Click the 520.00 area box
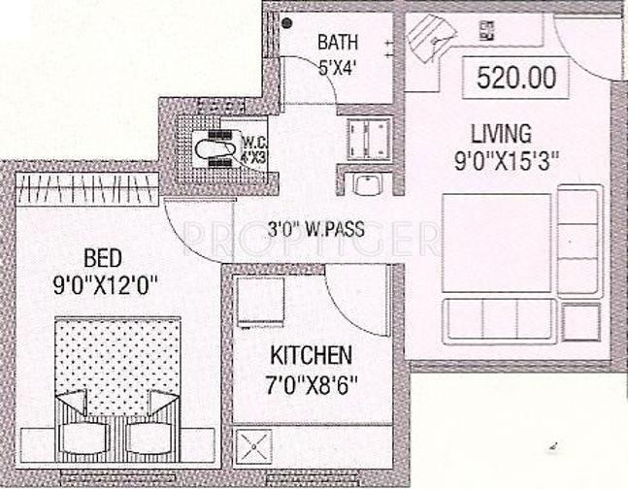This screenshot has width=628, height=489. (x=516, y=76)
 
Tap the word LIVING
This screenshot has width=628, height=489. (x=500, y=133)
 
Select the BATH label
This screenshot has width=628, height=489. (x=338, y=43)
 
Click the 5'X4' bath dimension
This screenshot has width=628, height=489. (x=338, y=67)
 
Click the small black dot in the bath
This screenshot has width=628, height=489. (x=286, y=24)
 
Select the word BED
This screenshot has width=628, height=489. (x=103, y=259)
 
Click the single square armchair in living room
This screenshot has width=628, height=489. (x=580, y=321)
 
